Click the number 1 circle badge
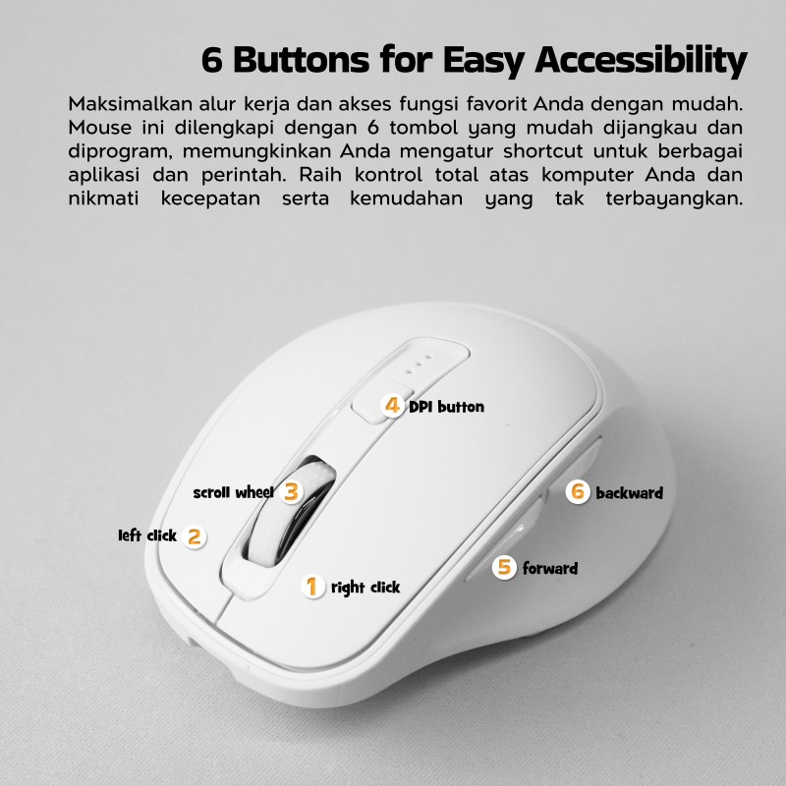[x=312, y=586]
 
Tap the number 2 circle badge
[x=194, y=536]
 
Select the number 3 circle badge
[x=291, y=491]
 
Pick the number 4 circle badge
[x=392, y=405]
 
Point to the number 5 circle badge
[x=504, y=567]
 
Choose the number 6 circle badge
[x=578, y=491]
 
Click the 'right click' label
[x=365, y=587]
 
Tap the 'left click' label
[x=147, y=535]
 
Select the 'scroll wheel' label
[x=234, y=492]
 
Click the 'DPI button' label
[x=447, y=407]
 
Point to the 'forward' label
[x=550, y=568]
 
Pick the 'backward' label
[x=629, y=493]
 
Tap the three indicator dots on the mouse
[x=418, y=365]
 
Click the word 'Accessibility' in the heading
[x=642, y=61]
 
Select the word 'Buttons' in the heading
[x=302, y=59]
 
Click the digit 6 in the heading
[x=211, y=60]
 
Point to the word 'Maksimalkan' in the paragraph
[x=131, y=104]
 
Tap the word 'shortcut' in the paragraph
[x=543, y=151]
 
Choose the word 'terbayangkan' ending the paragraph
[x=674, y=199]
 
